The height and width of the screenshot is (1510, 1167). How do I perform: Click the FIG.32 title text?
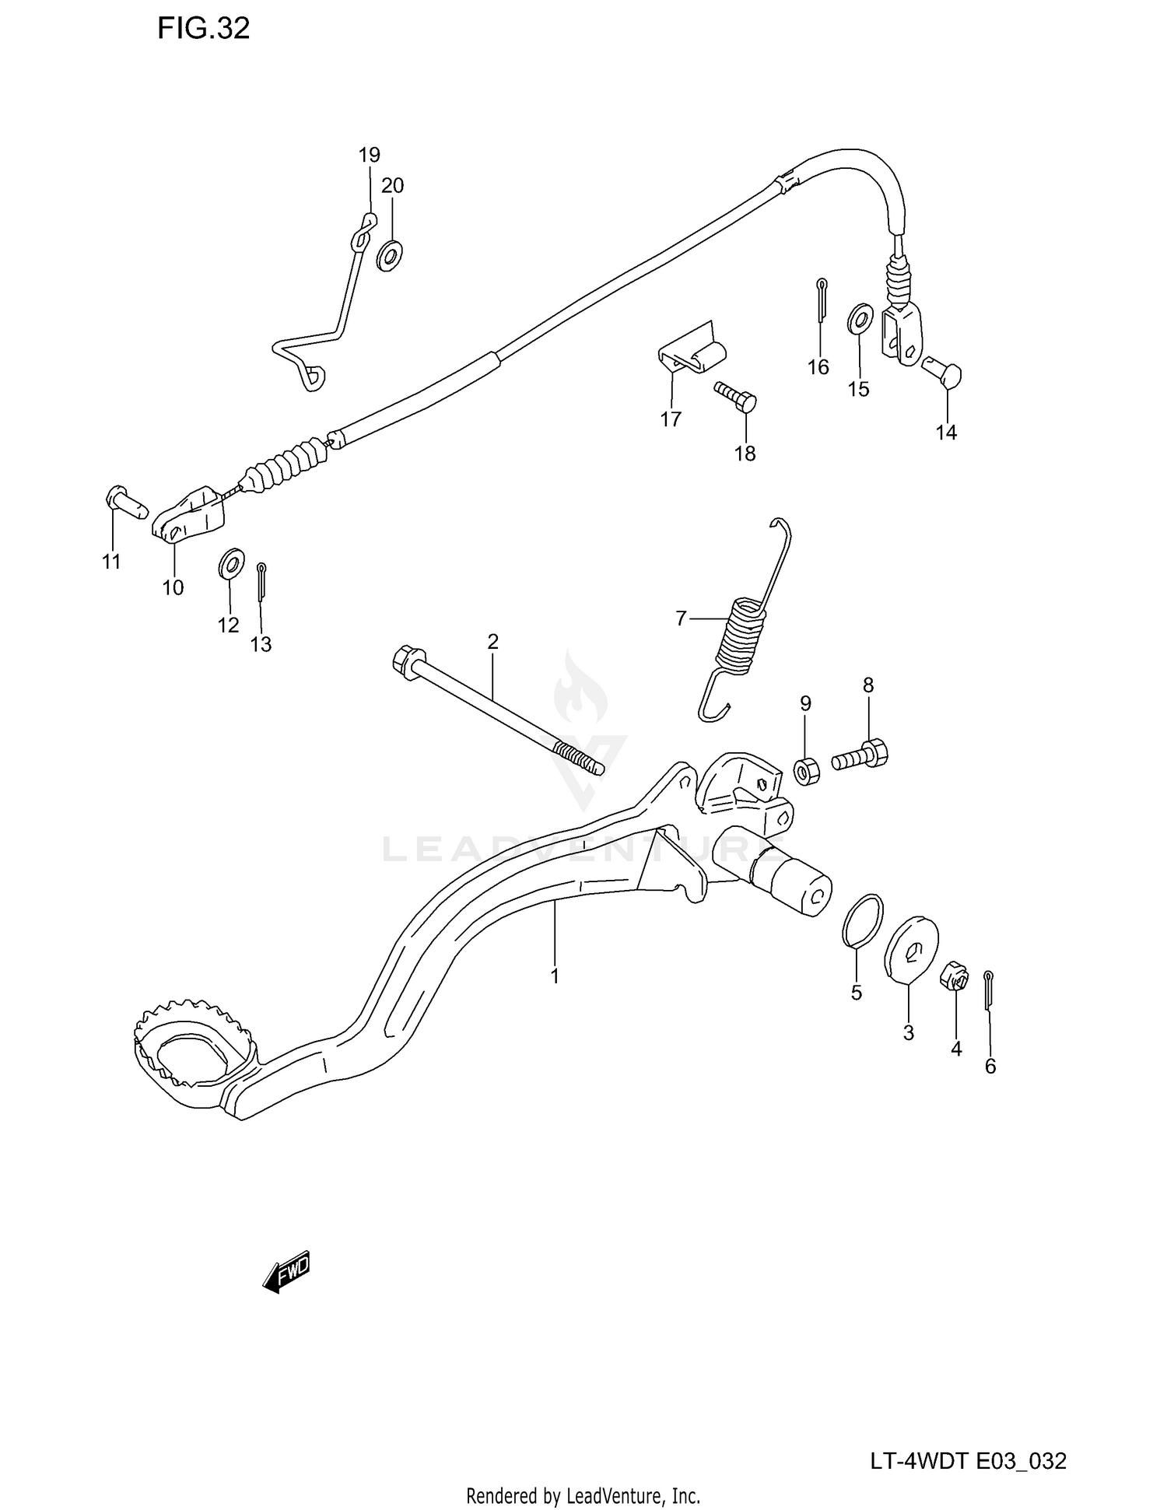203,29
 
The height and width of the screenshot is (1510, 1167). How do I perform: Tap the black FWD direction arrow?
287,1272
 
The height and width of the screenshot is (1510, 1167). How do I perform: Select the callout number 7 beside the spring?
681,618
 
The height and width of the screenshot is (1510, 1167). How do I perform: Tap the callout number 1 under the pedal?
555,976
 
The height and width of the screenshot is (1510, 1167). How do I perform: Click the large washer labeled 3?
912,945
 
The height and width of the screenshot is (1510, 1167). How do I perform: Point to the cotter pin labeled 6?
988,990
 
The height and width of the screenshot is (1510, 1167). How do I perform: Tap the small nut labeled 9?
804,772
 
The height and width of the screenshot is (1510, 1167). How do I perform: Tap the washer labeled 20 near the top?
390,255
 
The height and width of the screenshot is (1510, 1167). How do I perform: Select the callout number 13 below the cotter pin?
261,644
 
